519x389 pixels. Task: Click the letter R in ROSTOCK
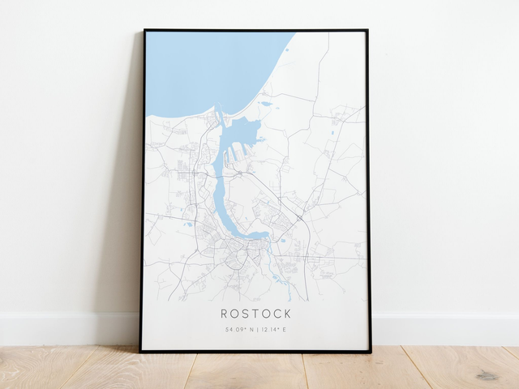[x=224, y=314]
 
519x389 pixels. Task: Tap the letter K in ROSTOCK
[x=287, y=314]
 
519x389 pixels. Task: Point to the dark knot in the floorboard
[x=487, y=375]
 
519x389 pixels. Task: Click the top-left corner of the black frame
[x=145, y=31]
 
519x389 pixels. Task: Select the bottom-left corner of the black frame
[x=141, y=351]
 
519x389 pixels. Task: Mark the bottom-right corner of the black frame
[x=370, y=351]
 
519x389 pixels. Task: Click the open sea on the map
[x=203, y=69]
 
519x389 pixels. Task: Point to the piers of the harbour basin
[x=236, y=151]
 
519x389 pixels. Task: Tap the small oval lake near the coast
[x=266, y=104]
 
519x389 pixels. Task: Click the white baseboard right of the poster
[x=446, y=328]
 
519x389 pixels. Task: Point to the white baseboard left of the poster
[x=65, y=328]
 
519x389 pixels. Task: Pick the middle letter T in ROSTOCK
[x=255, y=314]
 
